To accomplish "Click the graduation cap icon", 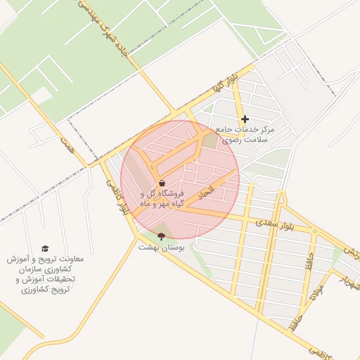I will pyautogui.click(x=45, y=249).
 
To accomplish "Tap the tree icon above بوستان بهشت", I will pyautogui.click(x=160, y=237).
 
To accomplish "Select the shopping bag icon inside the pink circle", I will pyautogui.click(x=162, y=183).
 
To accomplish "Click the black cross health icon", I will pyautogui.click(x=245, y=120).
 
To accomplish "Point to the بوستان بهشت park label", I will pyautogui.click(x=160, y=247).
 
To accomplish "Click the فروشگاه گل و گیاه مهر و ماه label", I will pyautogui.click(x=162, y=198).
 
